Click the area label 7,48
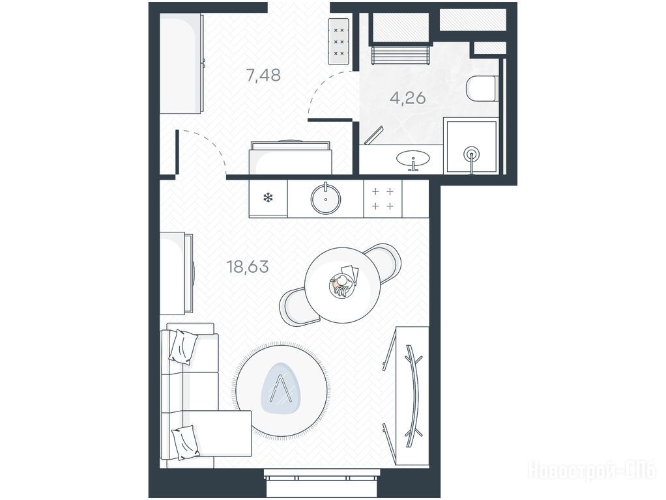click(x=263, y=75)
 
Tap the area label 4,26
click(x=408, y=98)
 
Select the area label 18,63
click(x=248, y=267)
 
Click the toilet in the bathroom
click(x=482, y=89)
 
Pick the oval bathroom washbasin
click(x=413, y=158)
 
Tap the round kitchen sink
click(x=326, y=199)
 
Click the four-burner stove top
click(x=383, y=199)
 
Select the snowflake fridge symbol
click(x=268, y=197)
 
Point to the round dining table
click(x=342, y=285)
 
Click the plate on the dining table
click(x=341, y=286)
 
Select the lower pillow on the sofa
click(x=185, y=442)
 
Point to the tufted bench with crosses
click(x=338, y=42)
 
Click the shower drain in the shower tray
click(x=471, y=154)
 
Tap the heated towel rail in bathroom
click(x=401, y=55)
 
